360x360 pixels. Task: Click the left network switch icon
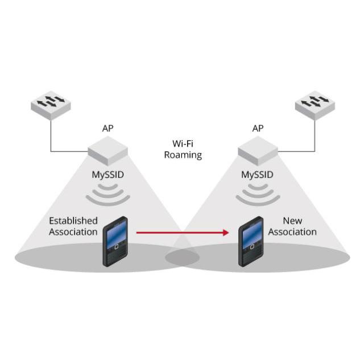[x=51, y=105]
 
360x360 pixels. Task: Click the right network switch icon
[x=315, y=105]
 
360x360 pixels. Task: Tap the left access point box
[x=107, y=151]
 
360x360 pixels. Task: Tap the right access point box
[x=258, y=151]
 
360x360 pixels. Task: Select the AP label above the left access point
[x=107, y=129]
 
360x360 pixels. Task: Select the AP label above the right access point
[x=258, y=129]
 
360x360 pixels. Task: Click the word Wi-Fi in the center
[x=183, y=144]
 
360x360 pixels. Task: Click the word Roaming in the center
[x=183, y=155]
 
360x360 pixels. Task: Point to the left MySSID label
[x=107, y=175]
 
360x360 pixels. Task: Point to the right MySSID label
[x=258, y=175]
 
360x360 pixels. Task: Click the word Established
[x=73, y=221]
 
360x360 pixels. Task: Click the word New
[x=292, y=221]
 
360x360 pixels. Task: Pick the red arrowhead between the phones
[x=226, y=233]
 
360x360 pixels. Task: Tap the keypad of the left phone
[x=117, y=254]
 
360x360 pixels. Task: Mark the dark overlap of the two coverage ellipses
[x=183, y=258]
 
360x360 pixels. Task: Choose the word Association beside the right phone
[x=292, y=232]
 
